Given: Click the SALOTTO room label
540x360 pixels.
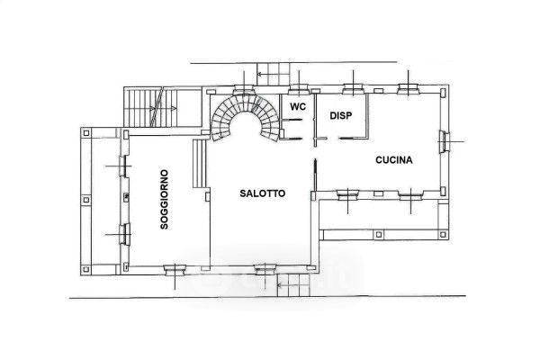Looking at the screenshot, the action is [263, 193].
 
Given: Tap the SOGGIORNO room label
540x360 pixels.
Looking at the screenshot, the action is [165, 199].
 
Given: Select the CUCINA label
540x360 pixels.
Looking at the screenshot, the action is [394, 160].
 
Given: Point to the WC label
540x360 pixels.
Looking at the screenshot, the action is [298, 106].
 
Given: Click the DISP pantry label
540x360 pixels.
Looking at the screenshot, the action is [341, 116].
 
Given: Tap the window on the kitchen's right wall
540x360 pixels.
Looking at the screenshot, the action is [444, 141].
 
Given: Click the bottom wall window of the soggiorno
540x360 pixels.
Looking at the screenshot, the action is [175, 270].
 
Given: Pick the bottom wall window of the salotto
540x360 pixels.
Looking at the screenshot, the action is [265, 269].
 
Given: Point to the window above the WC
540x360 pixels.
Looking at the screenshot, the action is [299, 89].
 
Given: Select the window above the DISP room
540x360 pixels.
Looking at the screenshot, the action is [353, 89].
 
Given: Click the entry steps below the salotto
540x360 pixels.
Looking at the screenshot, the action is [293, 285].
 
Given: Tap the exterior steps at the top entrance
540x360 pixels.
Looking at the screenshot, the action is [274, 74].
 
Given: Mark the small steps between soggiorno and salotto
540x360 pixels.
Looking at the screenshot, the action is [199, 163].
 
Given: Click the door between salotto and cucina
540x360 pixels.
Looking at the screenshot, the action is [315, 175].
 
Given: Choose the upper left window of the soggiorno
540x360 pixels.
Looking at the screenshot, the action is [123, 166].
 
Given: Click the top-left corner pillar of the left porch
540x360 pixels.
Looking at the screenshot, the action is [86, 132].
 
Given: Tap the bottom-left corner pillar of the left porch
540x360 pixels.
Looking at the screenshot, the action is [86, 269].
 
